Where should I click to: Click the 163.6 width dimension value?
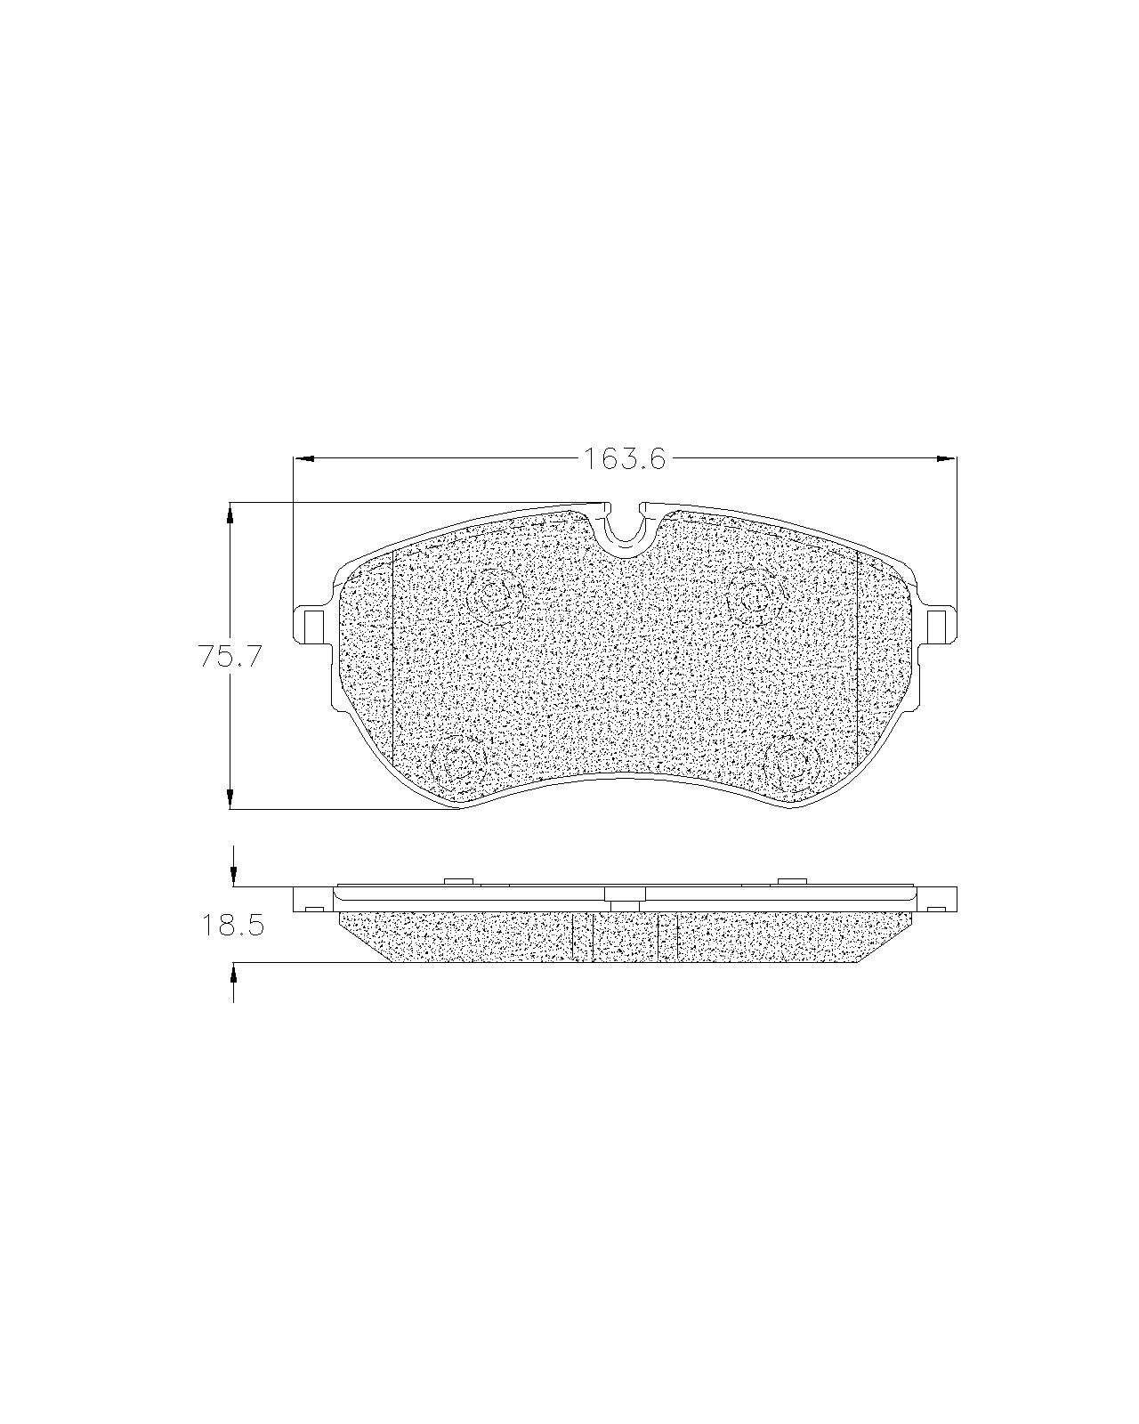point(624,457)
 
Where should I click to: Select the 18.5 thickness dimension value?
point(233,925)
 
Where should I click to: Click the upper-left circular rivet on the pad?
point(494,596)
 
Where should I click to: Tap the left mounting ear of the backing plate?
point(311,624)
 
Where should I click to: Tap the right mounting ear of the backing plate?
point(938,624)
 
